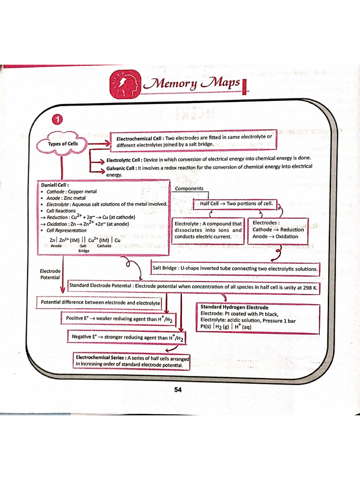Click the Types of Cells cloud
pos(63,143)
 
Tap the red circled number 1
pos(58,120)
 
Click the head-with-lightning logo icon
pos(125,84)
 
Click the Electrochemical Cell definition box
pos(194,140)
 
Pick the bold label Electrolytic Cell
pos(121,159)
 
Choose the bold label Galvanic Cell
pos(121,167)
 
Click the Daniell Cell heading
pos(55,185)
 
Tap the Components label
pos(189,188)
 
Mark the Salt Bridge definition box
pos(235,269)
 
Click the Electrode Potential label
pos(50,274)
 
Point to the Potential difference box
pos(100,303)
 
